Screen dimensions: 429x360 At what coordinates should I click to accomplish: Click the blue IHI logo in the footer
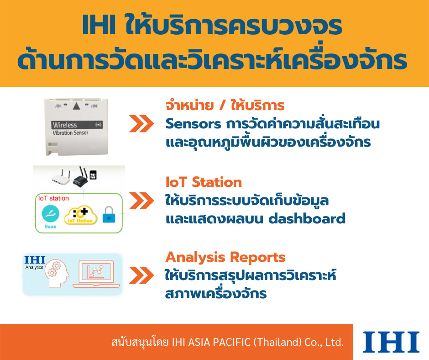pyautogui.click(x=391, y=342)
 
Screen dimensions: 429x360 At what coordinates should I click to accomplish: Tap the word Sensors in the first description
pyautogui.click(x=193, y=124)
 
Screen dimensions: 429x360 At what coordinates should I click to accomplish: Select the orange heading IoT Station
pyautogui.click(x=204, y=182)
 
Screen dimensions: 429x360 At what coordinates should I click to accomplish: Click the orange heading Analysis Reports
pyautogui.click(x=225, y=257)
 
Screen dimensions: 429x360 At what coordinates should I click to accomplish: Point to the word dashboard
pyautogui.click(x=307, y=219)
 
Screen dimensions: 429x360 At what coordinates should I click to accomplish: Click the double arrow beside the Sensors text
pyautogui.click(x=141, y=124)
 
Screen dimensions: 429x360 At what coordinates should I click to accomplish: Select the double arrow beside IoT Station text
pyautogui.click(x=141, y=201)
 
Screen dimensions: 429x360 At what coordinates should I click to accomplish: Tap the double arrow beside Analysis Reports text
pyautogui.click(x=141, y=275)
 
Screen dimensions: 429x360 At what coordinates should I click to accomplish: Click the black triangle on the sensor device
pyautogui.click(x=76, y=106)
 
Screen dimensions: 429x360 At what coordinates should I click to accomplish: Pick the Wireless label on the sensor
pyautogui.click(x=65, y=125)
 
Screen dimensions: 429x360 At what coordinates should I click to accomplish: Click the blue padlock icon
pyautogui.click(x=109, y=215)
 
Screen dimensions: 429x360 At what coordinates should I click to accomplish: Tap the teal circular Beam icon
pyautogui.click(x=51, y=214)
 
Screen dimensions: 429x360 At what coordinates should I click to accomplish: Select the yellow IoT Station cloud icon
pyautogui.click(x=80, y=216)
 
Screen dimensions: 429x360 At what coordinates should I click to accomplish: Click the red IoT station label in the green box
pyautogui.click(x=54, y=198)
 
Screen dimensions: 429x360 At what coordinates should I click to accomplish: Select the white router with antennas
pyautogui.click(x=61, y=178)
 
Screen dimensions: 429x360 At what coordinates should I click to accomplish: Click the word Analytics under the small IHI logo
pyautogui.click(x=34, y=267)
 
